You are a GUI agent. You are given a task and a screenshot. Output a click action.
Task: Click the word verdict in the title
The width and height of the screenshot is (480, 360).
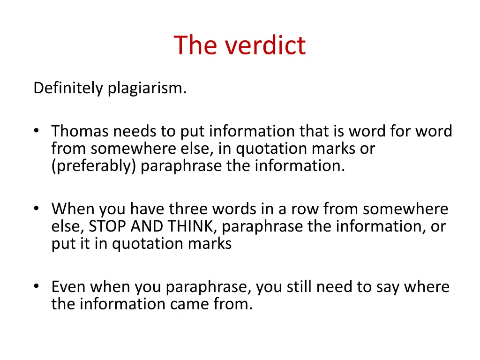pos(265,45)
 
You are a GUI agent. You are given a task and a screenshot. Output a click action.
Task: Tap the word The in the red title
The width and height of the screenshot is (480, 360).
pos(196,45)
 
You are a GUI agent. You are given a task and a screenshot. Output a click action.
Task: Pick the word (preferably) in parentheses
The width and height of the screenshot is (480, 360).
pos(93,166)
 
